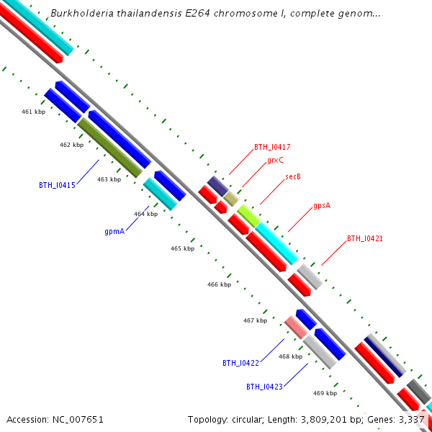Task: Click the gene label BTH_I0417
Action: click(272, 147)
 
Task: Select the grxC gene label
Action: click(275, 161)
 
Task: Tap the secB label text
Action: click(293, 176)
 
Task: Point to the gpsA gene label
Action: click(322, 205)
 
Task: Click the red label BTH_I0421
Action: click(365, 238)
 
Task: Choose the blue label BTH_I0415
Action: click(57, 185)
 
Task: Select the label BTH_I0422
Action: click(240, 363)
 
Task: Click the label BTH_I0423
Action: click(264, 387)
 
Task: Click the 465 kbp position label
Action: click(182, 248)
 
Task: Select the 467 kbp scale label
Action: click(255, 320)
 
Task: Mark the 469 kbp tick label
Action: click(325, 393)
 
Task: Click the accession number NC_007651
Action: click(76, 419)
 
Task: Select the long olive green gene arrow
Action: click(109, 148)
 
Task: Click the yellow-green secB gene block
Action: click(248, 215)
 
